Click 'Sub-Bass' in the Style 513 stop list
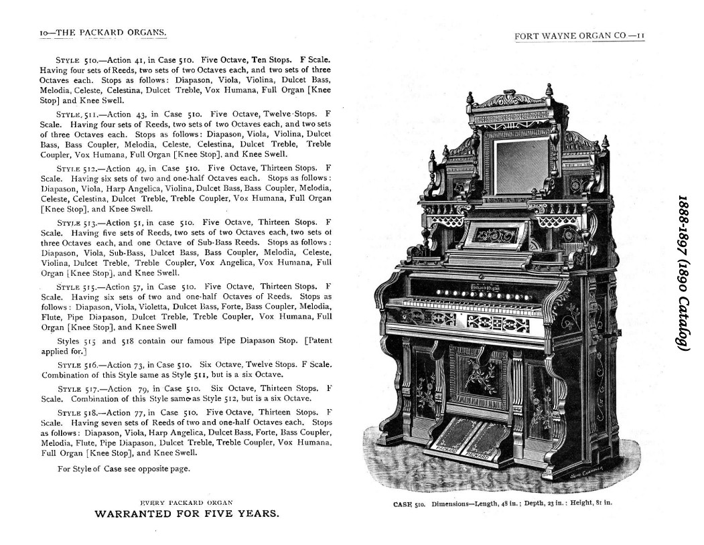127,252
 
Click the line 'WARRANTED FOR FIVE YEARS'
187,514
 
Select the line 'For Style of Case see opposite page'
124,469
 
